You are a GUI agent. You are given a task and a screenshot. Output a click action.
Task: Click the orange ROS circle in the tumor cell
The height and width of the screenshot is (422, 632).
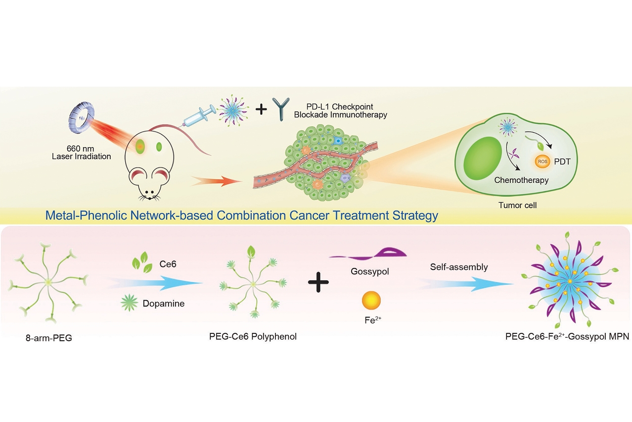coord(541,161)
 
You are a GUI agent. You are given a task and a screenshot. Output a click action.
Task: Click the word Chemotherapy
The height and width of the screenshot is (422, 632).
coord(521,180)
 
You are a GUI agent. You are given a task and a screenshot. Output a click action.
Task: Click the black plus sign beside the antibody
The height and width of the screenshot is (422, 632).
coord(261,108)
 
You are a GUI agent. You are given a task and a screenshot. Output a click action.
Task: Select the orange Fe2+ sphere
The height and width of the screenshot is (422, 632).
coord(371,300)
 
